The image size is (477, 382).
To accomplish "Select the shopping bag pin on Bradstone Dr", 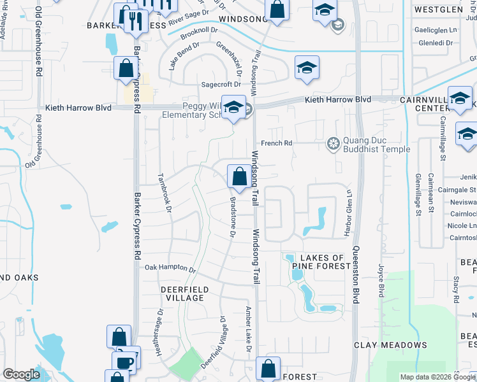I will (239, 177).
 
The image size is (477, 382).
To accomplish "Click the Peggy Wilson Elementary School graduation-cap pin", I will (234, 109).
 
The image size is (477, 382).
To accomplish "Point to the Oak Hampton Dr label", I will (170, 269).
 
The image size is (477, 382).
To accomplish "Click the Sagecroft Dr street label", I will (221, 84).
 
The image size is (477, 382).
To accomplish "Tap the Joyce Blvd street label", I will (382, 281).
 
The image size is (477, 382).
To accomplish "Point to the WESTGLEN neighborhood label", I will (438, 10).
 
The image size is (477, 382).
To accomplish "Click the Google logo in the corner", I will (21, 374).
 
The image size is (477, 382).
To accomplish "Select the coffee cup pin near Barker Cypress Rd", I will (125, 362).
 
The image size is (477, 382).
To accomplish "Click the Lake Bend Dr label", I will (175, 56).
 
